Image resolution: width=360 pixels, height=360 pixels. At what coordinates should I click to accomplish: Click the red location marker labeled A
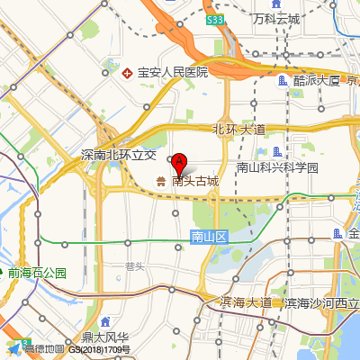[x=179, y=164]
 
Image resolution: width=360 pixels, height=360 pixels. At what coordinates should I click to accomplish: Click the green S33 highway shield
[x=214, y=19]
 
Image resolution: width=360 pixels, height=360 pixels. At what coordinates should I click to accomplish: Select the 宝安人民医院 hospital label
[x=172, y=71]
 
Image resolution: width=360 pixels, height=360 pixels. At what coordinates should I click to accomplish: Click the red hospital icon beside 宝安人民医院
[x=127, y=71]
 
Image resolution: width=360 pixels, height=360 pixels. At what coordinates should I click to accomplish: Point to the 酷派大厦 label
[x=316, y=80]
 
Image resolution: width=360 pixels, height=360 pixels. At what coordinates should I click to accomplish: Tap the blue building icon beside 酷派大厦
[x=283, y=80]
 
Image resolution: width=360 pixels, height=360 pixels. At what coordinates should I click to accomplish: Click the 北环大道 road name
[x=238, y=129]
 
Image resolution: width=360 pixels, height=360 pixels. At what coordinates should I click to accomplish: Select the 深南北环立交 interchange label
[x=119, y=155]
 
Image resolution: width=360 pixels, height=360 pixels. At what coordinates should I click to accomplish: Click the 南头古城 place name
[x=195, y=181]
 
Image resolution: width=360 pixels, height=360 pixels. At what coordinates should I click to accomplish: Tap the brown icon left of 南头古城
[x=161, y=181]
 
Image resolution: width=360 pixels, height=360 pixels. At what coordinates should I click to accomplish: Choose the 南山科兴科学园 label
[x=277, y=167]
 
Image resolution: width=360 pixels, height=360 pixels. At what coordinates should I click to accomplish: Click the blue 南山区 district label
[x=211, y=236]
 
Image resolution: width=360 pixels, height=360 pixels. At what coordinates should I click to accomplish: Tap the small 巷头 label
[x=135, y=265]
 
